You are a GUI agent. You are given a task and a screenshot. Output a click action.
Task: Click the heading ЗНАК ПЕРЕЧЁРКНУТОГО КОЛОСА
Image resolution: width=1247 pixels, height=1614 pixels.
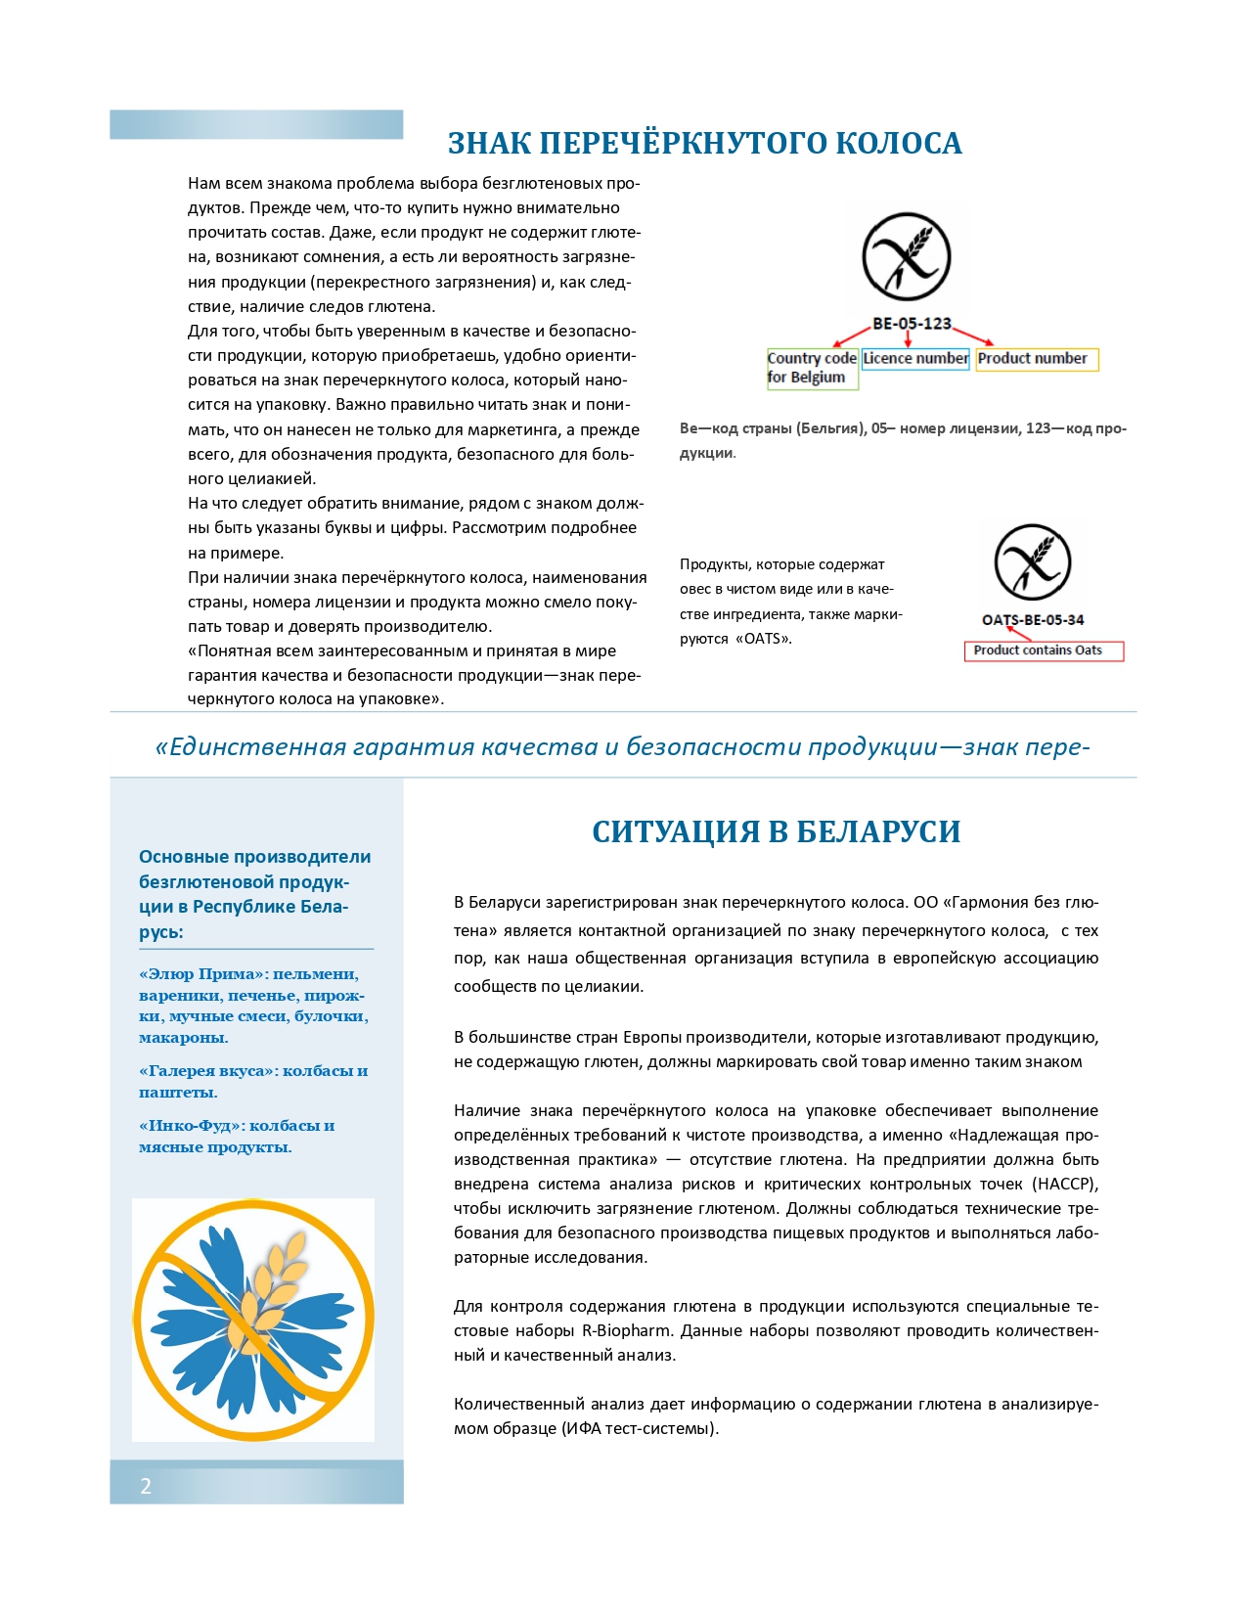[704, 144]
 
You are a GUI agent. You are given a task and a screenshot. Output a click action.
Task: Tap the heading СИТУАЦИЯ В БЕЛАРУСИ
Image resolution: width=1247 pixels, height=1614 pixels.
[776, 831]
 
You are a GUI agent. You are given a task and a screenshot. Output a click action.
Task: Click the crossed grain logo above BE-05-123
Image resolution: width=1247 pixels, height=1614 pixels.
[907, 256]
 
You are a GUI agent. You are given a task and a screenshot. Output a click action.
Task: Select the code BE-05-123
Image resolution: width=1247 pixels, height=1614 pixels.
[912, 324]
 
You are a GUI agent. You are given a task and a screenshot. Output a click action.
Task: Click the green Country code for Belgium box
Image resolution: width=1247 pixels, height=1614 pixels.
[812, 369]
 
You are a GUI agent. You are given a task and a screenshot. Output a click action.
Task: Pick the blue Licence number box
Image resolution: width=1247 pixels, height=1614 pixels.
[915, 359]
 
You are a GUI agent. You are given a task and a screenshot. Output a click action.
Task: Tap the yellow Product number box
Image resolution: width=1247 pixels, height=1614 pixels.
[1037, 359]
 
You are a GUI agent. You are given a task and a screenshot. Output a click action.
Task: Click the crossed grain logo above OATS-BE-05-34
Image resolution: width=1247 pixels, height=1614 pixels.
[1033, 562]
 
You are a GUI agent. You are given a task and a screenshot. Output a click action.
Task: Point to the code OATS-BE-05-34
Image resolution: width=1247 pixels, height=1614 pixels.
[1033, 620]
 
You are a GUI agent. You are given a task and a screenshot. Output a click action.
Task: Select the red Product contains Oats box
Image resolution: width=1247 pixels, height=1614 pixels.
[1044, 650]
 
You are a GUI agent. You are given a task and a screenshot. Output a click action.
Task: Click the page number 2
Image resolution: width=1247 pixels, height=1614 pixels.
[146, 1487]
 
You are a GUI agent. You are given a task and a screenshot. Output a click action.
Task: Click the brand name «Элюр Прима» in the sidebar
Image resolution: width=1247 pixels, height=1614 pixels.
[202, 974]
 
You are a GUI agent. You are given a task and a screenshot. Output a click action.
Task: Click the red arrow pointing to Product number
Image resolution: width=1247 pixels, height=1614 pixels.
[972, 335]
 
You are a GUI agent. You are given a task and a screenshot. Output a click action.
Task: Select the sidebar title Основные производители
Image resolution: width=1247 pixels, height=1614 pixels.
[254, 857]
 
